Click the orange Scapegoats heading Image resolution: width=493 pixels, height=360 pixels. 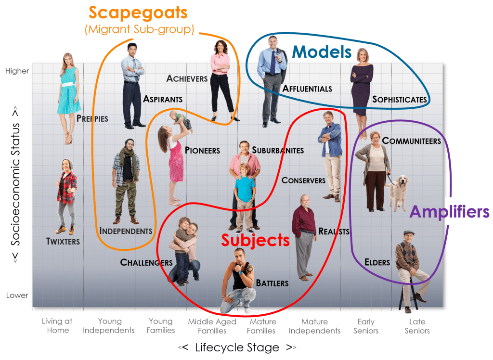[138, 13]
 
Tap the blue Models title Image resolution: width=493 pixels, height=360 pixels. [322, 52]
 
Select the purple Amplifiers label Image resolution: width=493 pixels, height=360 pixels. [450, 212]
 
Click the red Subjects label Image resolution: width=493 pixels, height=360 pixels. [255, 240]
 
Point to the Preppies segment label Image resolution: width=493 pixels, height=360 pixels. [92, 118]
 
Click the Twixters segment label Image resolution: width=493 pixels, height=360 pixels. [63, 242]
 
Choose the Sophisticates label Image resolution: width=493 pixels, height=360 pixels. [400, 100]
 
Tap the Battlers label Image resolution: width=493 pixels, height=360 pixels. [272, 283]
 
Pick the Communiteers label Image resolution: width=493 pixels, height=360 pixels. [412, 141]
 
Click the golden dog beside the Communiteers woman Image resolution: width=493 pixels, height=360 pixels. [398, 192]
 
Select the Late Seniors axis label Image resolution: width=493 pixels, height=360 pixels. [417, 326]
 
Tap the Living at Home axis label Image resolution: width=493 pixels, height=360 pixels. [57, 326]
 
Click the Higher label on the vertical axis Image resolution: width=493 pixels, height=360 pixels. [17, 71]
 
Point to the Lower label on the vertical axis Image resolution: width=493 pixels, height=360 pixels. [17, 295]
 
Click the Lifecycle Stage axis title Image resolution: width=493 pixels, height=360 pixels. [237, 347]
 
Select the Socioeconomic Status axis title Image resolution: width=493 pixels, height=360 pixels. [15, 184]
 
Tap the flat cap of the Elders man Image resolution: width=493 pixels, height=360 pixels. [409, 232]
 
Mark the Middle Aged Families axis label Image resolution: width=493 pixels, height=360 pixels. [212, 326]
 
